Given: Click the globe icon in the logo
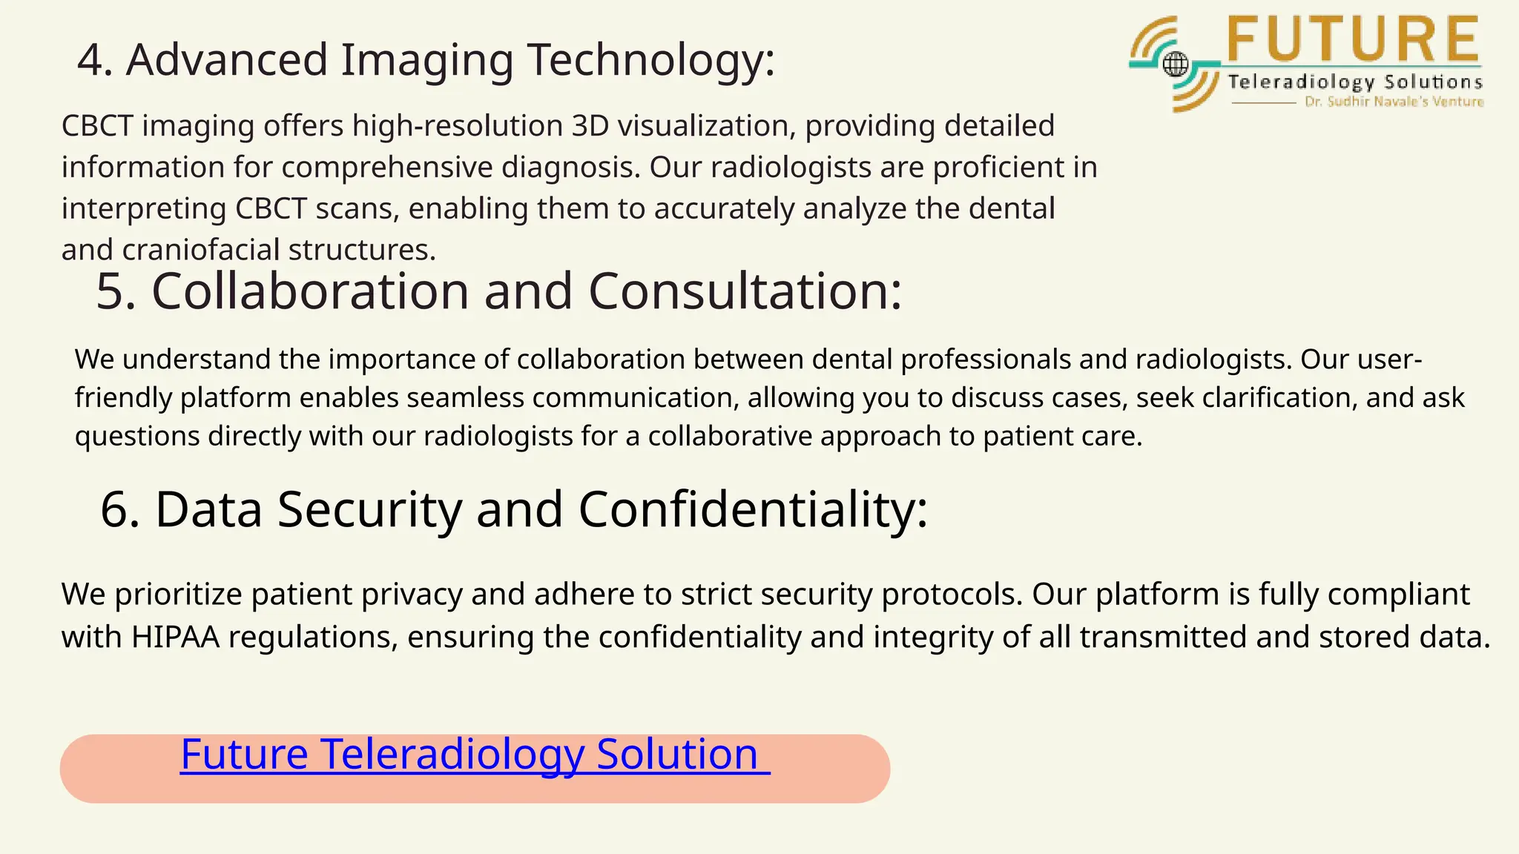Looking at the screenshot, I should pos(1175,64).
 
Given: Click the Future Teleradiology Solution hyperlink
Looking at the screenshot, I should pos(475,755).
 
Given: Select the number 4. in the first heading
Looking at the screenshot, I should pos(95,59).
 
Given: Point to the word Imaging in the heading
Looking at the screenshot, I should pos(426,61).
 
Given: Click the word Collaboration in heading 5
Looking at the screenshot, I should pos(310,291).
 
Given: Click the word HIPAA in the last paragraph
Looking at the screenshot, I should pos(175,637).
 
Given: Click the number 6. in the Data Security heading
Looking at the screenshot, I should pos(119,509).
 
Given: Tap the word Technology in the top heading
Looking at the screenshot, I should pos(650,61).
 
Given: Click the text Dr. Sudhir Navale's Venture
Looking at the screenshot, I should pos(1394,102).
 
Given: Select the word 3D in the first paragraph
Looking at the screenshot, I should pos(590,125).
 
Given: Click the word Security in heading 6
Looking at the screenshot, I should pos(369,509).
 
